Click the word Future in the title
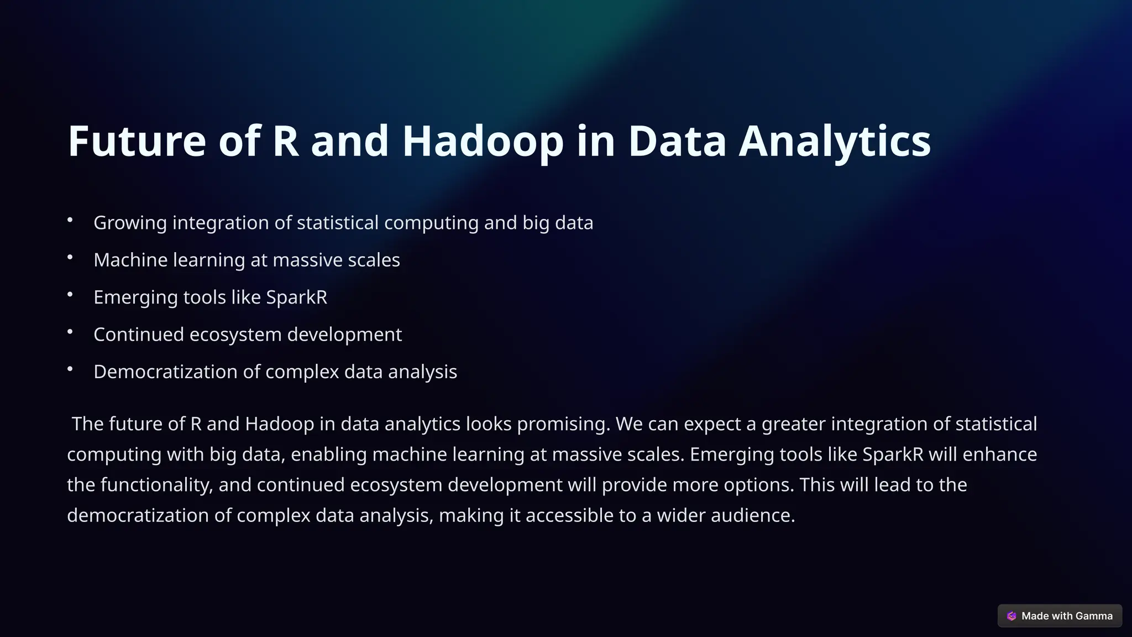tap(137, 141)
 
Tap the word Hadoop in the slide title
tap(483, 141)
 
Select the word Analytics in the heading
tap(835, 141)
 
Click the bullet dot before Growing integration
tap(70, 220)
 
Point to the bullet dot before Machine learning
tap(70, 257)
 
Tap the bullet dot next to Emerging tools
tap(70, 295)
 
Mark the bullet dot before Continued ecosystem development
tap(70, 332)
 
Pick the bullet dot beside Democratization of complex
tap(70, 369)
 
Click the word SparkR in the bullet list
tap(296, 297)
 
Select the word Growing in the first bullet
tap(130, 223)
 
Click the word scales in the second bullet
tap(374, 260)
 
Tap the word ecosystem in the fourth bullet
tap(235, 335)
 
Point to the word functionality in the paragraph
tap(156, 485)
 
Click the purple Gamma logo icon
tap(1012, 616)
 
